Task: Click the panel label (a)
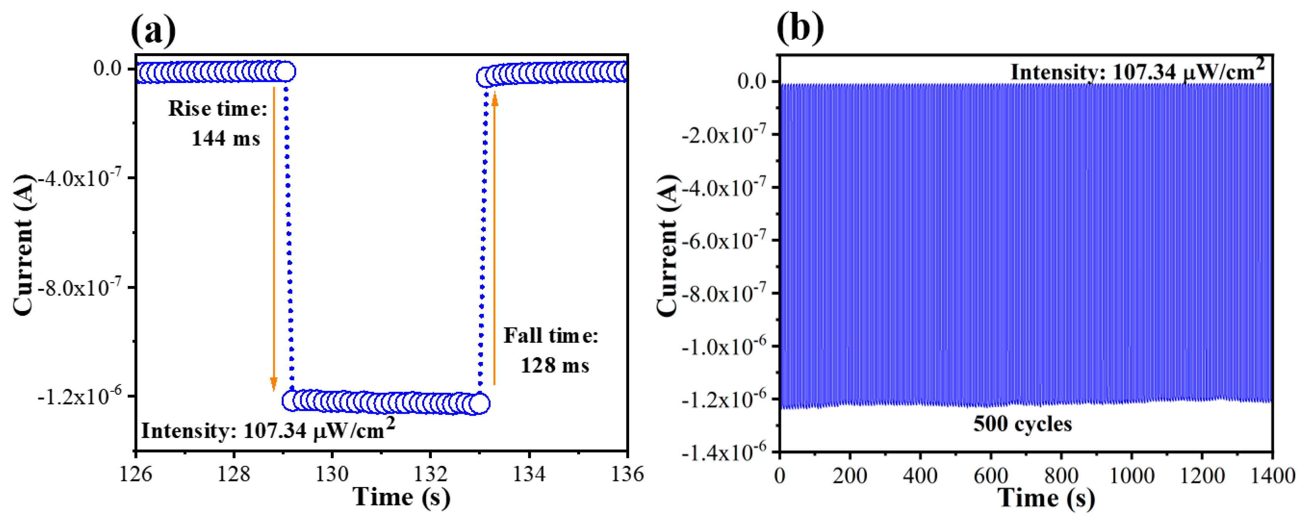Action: point(153,30)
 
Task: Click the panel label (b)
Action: point(800,28)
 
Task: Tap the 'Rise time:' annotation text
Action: point(217,109)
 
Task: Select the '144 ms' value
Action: point(225,139)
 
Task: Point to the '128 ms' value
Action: point(555,365)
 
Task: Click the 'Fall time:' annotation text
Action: point(551,336)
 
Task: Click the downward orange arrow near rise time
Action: point(274,238)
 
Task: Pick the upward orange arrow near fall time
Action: point(494,238)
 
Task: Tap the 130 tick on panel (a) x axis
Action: point(332,474)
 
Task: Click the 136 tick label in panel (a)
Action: point(628,474)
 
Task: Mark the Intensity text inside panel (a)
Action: point(267,430)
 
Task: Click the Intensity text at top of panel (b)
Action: point(1137,71)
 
